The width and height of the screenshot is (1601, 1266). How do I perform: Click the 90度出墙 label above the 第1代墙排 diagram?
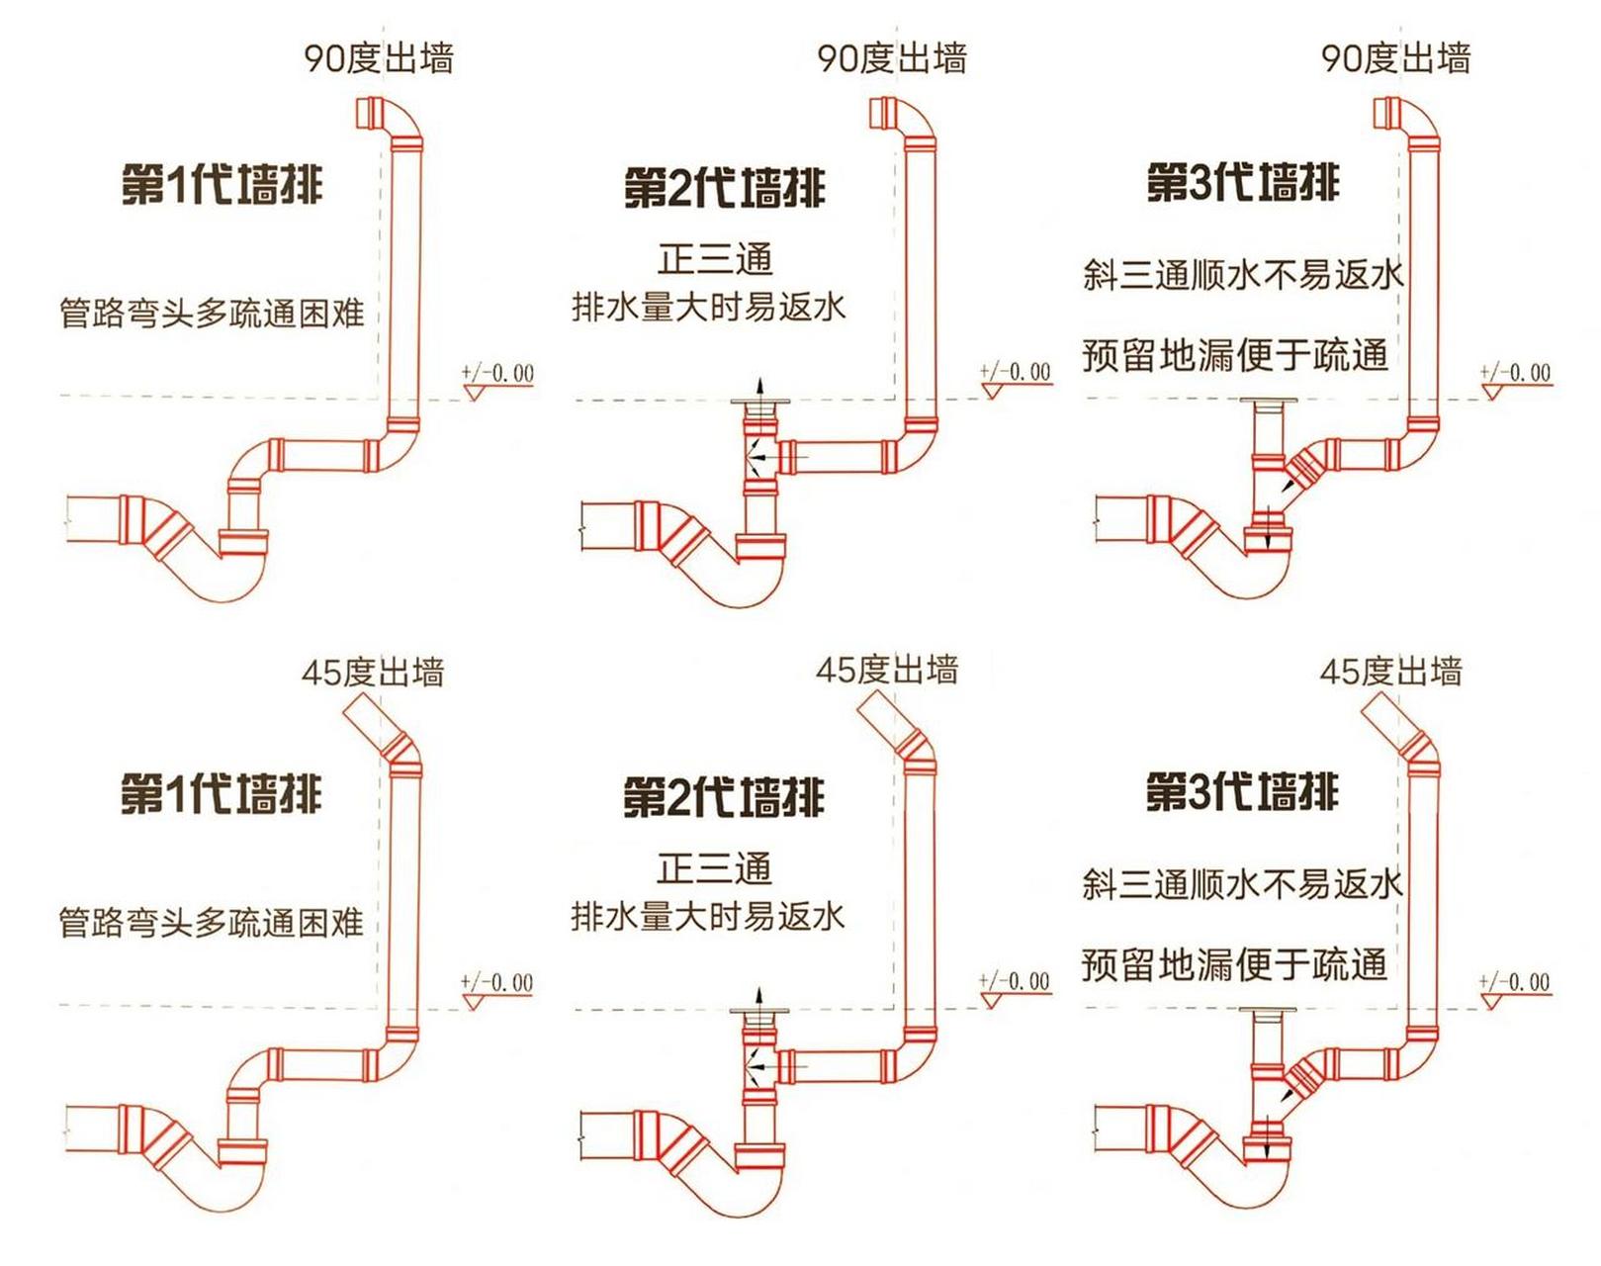(379, 58)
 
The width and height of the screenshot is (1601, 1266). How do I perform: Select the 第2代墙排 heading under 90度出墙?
(724, 188)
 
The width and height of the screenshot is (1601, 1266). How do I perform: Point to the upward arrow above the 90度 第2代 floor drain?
(759, 387)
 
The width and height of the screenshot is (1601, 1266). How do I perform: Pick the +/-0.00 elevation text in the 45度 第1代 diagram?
(496, 983)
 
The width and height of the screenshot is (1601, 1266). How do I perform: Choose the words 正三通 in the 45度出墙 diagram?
(714, 868)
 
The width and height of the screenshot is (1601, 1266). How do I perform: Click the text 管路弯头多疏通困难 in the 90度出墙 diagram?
(212, 314)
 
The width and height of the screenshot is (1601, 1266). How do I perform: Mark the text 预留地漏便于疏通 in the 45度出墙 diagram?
(1234, 963)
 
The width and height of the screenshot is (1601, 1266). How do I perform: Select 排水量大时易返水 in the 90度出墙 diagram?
(709, 307)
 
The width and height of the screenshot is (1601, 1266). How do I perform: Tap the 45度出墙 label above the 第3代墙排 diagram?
(1390, 673)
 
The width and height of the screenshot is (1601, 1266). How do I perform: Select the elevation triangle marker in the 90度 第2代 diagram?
(993, 392)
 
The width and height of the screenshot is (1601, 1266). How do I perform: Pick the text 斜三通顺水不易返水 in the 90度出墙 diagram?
(1243, 274)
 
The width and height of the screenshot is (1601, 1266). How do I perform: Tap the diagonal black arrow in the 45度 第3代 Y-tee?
(1290, 1092)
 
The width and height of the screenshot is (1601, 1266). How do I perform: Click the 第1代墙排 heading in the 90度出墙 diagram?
(222, 185)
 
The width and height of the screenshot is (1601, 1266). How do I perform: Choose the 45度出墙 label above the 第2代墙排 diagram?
(886, 671)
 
